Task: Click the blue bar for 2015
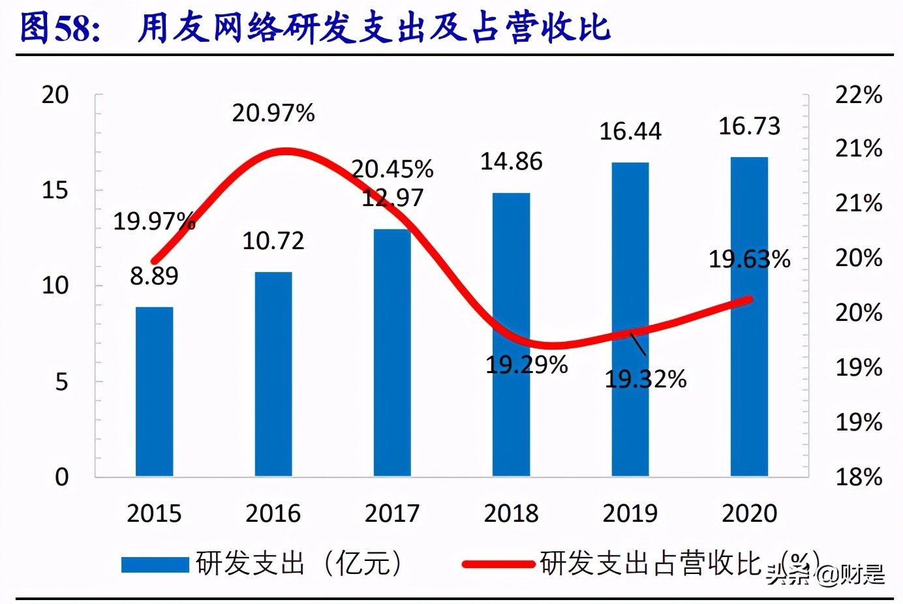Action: coord(155,391)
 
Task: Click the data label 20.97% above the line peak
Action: coord(273,113)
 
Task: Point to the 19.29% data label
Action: coord(527,365)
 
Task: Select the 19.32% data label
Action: coord(645,379)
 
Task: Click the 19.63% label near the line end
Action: coord(750,260)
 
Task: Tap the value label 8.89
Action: coord(154,276)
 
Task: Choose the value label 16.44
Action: coord(630,132)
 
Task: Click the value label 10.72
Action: coord(273,241)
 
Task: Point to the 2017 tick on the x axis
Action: coord(392,514)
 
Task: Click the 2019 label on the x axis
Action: coord(630,514)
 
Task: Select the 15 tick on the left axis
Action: coord(55,190)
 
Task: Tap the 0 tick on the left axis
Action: coord(62,477)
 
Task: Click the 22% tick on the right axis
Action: coord(859,95)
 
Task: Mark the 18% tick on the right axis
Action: coord(859,477)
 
